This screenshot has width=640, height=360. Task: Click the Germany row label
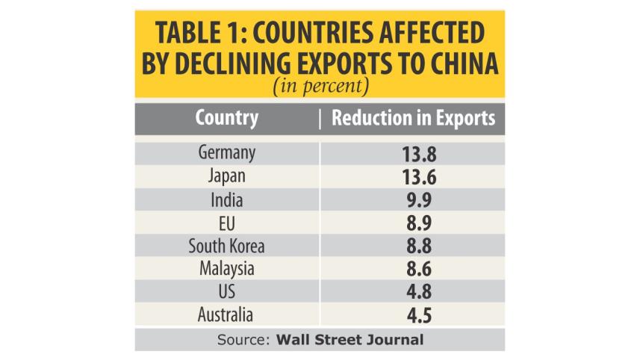point(227,153)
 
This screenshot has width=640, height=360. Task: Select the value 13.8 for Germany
point(419,155)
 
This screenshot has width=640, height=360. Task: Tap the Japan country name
point(227,177)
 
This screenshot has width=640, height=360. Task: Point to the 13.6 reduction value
point(419,177)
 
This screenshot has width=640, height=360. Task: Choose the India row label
point(227,200)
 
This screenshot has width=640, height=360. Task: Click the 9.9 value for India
point(419,200)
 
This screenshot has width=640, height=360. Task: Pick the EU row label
point(227,223)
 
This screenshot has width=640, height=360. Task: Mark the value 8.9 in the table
point(419,223)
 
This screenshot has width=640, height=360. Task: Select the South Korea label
point(226,246)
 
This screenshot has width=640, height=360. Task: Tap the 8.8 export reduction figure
point(419,246)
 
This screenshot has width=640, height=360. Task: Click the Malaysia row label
point(227,270)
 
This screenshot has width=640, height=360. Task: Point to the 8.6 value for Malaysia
point(419,269)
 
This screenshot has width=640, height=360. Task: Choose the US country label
point(227,292)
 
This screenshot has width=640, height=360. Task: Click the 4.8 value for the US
point(419,292)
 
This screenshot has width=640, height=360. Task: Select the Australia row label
point(226,314)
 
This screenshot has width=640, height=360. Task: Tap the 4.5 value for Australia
point(419,315)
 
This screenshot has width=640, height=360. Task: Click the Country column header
point(227,118)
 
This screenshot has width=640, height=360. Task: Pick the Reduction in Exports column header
point(414,118)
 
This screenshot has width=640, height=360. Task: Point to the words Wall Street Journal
point(349,340)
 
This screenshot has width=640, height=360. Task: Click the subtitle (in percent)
point(321,86)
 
